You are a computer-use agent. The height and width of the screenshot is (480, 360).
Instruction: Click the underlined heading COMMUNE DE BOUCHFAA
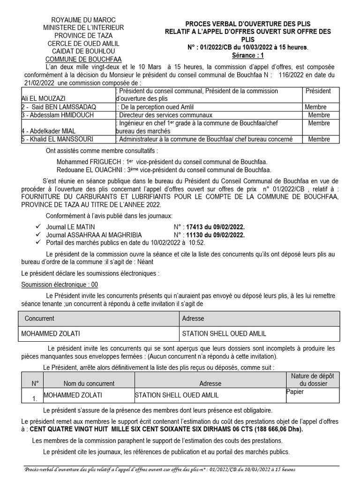click(82, 59)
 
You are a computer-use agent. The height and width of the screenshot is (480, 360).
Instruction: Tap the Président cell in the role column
click(318, 91)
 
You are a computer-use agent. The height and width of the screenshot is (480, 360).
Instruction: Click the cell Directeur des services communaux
click(165, 115)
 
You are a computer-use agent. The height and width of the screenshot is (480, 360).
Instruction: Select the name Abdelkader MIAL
click(49, 131)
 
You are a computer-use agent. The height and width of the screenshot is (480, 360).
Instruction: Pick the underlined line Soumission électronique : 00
click(60, 285)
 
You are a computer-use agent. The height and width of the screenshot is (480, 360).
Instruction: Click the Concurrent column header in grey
click(39, 318)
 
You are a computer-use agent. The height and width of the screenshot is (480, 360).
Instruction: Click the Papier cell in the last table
click(295, 392)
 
